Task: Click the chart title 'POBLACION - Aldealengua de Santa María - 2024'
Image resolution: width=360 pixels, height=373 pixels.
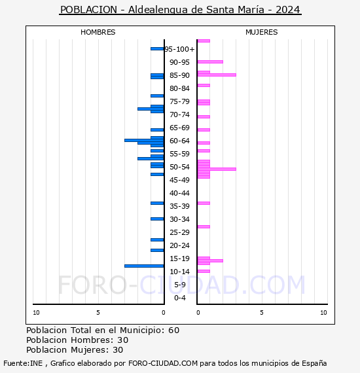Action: tap(180, 10)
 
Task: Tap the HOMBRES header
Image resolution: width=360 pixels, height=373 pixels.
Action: tap(98, 32)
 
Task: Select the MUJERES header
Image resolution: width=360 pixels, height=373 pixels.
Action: tap(262, 32)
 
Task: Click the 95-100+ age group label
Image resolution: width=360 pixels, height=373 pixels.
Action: tap(179, 49)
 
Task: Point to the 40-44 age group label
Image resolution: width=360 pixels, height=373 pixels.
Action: tap(179, 193)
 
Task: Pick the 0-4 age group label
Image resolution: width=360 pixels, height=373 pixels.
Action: tap(179, 298)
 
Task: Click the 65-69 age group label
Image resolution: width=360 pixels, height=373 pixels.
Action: tap(179, 128)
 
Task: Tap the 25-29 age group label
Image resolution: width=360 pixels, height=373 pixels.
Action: tap(179, 232)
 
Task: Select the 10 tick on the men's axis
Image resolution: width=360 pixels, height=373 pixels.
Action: tap(36, 313)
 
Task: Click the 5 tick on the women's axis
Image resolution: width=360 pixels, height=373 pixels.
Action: tap(262, 313)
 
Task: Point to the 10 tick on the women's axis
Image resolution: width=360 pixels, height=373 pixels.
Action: tap(323, 313)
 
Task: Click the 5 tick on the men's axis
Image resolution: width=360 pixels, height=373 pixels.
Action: tap(98, 313)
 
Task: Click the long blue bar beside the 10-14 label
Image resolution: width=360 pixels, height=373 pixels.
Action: tap(144, 266)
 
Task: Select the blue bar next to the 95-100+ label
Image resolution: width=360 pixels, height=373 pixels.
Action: tap(157, 49)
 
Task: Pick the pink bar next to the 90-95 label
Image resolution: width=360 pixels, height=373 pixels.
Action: tap(210, 62)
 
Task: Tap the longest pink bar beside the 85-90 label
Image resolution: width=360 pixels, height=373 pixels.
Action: tap(217, 75)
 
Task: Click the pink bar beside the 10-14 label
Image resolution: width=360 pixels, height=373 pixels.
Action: tap(204, 271)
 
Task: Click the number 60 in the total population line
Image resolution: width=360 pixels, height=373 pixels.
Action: tap(173, 330)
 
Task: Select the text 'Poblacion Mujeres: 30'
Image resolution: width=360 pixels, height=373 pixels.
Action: tap(75, 350)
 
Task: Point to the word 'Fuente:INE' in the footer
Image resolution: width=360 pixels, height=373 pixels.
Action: tap(23, 363)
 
